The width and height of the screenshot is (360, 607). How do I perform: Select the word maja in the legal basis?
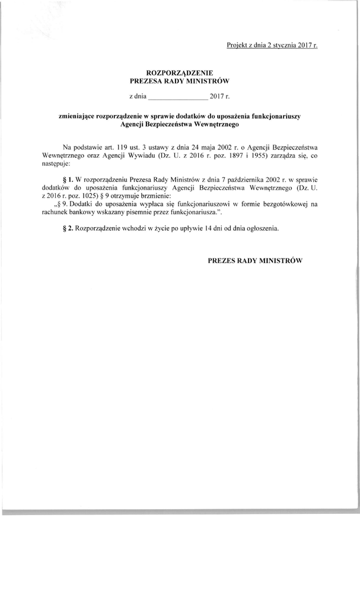204,146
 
